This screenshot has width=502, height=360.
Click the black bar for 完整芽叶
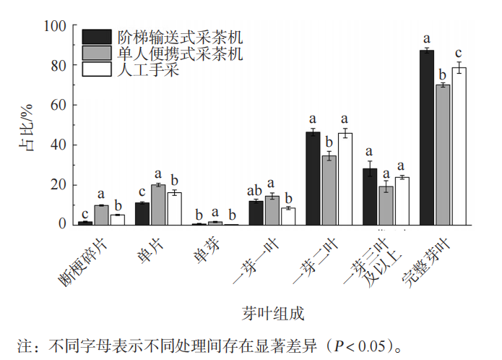(x=427, y=137)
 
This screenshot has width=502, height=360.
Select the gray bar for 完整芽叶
(x=443, y=155)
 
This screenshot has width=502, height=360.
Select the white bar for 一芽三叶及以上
(x=402, y=201)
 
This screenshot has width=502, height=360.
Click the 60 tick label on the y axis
(x=59, y=106)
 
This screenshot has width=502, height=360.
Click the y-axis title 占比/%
(x=27, y=126)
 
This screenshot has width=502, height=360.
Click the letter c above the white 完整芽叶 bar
(x=458, y=53)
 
